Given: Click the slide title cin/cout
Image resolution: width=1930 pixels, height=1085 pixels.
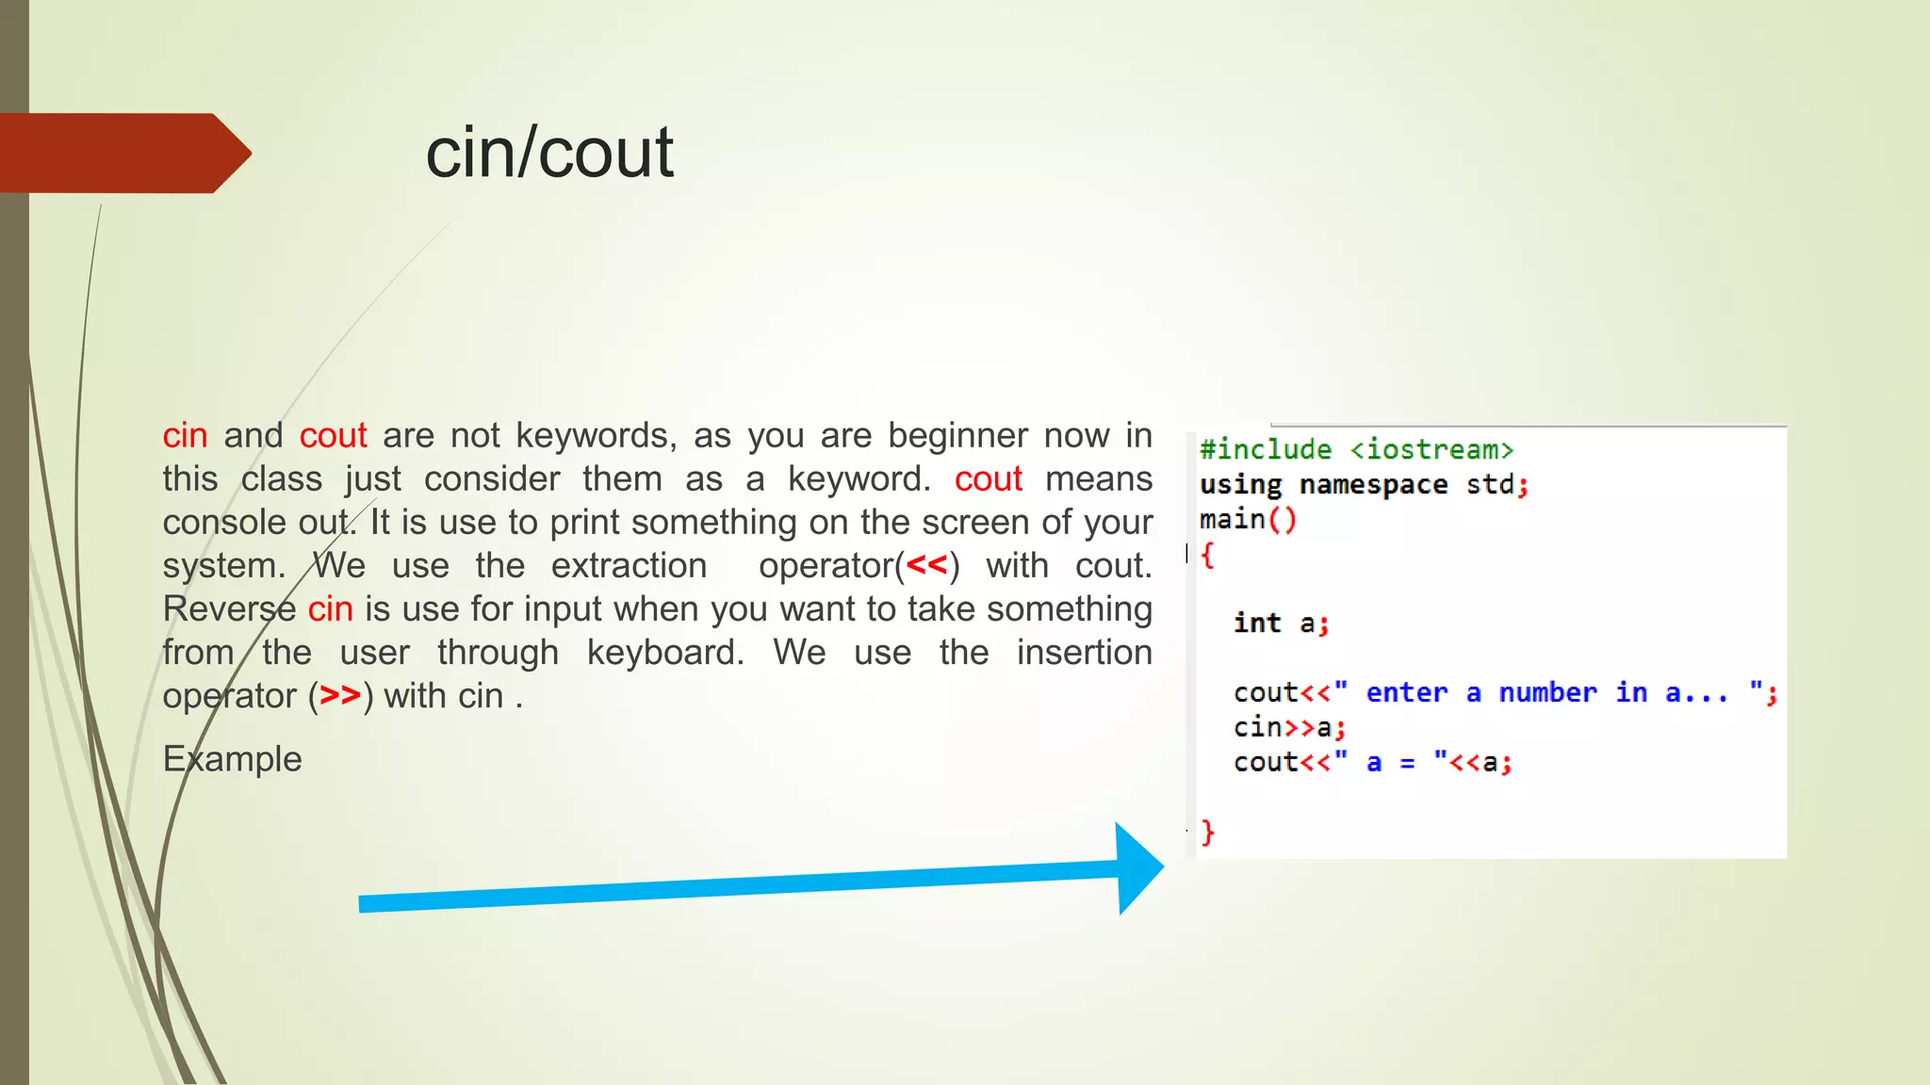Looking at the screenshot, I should point(549,153).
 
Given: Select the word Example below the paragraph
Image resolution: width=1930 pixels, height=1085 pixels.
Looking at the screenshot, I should point(232,759).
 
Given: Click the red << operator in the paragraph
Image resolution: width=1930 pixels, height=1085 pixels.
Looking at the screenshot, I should point(926,565).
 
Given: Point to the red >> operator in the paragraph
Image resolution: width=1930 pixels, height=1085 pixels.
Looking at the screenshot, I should point(340,695).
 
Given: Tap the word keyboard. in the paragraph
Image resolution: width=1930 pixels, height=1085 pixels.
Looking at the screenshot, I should point(665,652).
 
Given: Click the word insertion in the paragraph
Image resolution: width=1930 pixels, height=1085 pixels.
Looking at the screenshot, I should point(1084,652).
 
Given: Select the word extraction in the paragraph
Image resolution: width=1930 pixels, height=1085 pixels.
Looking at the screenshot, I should point(629,565).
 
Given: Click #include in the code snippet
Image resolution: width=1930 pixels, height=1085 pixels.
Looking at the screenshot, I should point(1266,449).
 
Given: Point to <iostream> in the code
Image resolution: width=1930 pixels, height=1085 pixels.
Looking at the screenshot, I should point(1431,449).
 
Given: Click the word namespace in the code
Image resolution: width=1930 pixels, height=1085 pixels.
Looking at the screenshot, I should point(1373,484).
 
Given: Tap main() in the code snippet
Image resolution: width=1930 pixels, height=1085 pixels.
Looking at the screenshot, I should point(1248,519).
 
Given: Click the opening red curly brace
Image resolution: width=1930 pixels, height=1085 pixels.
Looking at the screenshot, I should point(1207,555).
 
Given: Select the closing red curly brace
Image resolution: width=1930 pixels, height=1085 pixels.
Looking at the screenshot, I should point(1207,832).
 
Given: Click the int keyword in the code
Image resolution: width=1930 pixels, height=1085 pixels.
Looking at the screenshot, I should point(1257,623).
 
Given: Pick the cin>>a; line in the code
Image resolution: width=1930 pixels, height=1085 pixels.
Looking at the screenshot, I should point(1289,727).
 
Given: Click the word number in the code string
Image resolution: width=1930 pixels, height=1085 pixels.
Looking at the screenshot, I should point(1547,692).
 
